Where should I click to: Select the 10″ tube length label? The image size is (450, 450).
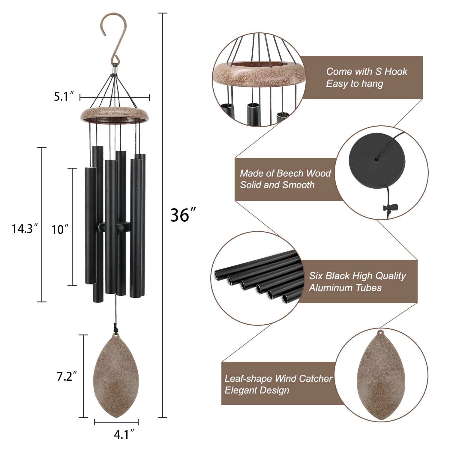(x=60, y=230)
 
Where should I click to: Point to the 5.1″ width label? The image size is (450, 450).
(x=64, y=97)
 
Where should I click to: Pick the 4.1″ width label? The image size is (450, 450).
(x=124, y=435)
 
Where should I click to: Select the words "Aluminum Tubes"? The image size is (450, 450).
(x=345, y=288)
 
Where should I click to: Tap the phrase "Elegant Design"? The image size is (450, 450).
(x=257, y=390)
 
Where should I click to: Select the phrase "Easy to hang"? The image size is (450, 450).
(x=355, y=84)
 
